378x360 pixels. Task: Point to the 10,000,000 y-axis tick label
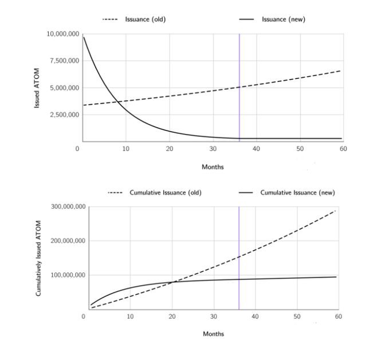[62, 34]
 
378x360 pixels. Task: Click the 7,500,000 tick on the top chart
[64, 61]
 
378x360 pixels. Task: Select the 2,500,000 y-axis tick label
[64, 114]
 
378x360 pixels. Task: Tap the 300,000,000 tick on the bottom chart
[68, 207]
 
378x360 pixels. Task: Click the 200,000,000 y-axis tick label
[68, 241]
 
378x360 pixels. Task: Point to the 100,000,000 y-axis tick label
[68, 275]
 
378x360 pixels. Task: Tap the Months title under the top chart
[212, 167]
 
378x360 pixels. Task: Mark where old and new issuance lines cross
[117, 102]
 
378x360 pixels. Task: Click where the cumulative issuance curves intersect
[174, 282]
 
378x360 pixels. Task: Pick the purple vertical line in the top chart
[239, 86]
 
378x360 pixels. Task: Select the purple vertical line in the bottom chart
[239, 258]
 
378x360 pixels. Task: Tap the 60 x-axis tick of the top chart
[343, 149]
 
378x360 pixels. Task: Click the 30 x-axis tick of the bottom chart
[213, 317]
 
